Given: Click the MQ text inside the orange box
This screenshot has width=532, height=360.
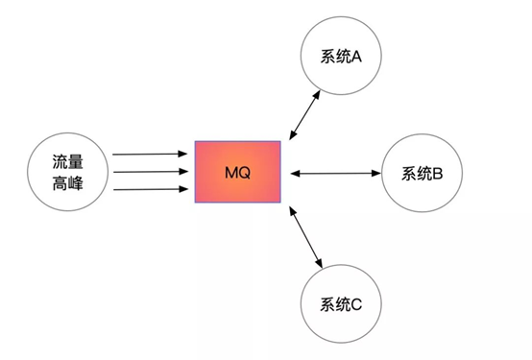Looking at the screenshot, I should [238, 173].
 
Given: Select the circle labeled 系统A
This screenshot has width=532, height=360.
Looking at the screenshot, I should [341, 57].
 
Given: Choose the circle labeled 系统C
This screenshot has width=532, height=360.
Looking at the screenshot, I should [341, 305].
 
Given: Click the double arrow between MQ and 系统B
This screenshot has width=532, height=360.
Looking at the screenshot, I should [334, 174].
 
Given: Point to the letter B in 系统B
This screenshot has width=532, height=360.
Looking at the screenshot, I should [438, 174].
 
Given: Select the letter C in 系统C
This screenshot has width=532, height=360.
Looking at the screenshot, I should [357, 305].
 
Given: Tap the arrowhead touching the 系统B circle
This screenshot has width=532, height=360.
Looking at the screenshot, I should [376, 174].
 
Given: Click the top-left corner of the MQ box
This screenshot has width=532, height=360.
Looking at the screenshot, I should [196, 142].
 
